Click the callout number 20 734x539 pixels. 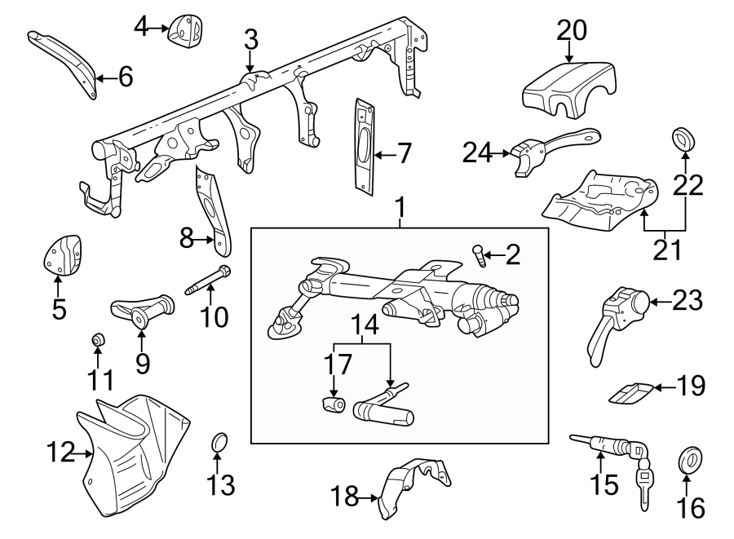pos(572,31)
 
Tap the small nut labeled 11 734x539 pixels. pos(97,338)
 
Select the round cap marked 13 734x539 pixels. pos(219,442)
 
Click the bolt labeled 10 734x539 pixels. pos(209,278)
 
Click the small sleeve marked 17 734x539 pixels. pos(334,404)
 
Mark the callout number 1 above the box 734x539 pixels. pos(400,210)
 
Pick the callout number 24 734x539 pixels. pos(480,152)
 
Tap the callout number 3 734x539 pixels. pos(250,38)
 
